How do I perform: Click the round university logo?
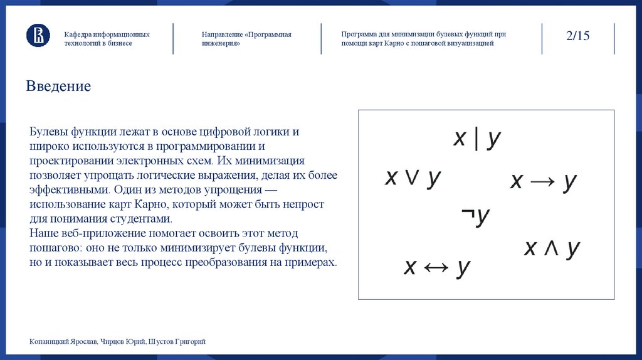point(38,36)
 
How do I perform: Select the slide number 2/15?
point(577,36)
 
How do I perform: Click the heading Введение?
point(58,86)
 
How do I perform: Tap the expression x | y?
point(477,138)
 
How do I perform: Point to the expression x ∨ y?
point(413,178)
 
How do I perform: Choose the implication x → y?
point(543,181)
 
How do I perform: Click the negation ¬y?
point(475,216)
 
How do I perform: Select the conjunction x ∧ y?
point(552,248)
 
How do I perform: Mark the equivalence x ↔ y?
point(436,267)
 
